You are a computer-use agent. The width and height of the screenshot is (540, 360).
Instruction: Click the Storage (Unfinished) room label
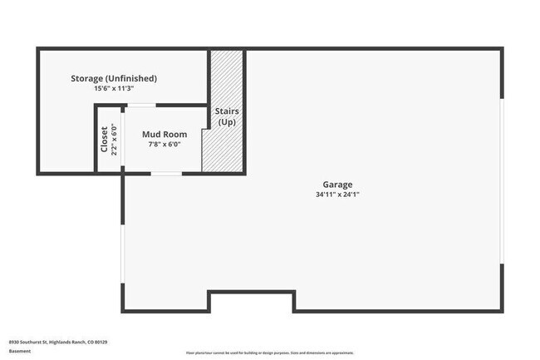[113, 78]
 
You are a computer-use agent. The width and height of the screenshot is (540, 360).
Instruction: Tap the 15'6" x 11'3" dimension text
[113, 88]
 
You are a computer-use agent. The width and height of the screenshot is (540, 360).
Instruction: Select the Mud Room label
[164, 134]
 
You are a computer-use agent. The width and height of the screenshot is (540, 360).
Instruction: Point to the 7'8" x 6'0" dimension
[164, 144]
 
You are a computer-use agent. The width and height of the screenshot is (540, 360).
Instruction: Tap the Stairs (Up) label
[227, 116]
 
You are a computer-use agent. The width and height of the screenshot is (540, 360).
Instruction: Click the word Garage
[337, 185]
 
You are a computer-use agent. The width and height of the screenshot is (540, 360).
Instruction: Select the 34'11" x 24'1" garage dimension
[337, 195]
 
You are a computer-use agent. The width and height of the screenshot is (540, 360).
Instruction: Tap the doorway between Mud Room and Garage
[165, 173]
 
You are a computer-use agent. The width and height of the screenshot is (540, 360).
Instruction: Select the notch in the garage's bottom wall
[251, 300]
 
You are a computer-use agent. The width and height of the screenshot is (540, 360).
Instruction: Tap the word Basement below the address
[20, 351]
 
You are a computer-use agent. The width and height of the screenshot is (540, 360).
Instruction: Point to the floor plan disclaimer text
[271, 353]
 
